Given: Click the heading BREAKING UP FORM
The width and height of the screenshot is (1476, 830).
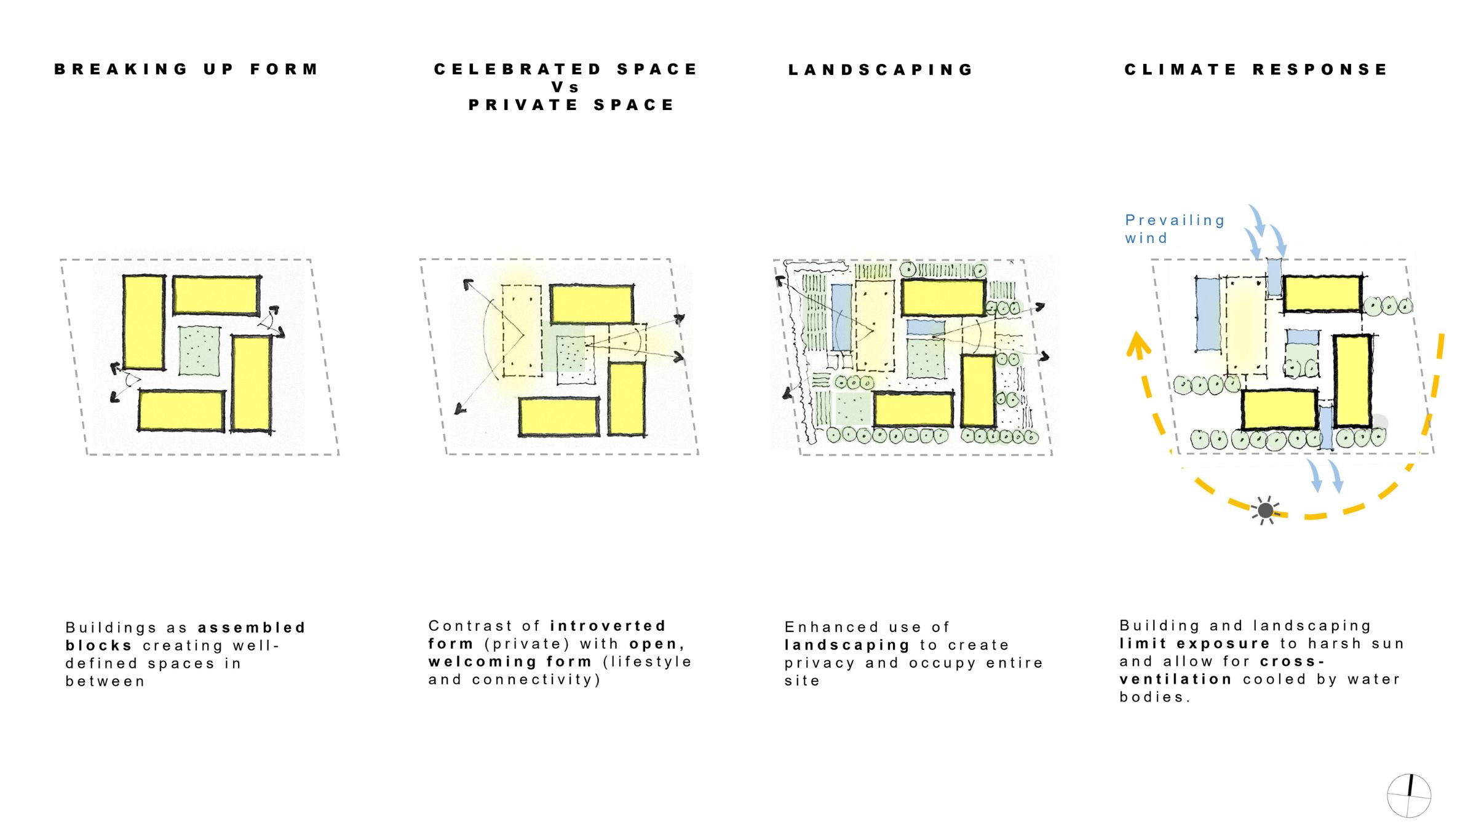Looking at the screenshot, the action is pos(186,69).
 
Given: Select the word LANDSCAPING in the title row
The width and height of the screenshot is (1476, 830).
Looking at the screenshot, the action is pos(881,69).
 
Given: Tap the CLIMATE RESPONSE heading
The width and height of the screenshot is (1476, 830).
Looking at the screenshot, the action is pos(1256,69).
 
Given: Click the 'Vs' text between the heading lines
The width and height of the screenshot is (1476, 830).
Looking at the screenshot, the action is pos(565,87).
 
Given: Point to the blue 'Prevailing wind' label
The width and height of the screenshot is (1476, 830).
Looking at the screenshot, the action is pos(1175,229).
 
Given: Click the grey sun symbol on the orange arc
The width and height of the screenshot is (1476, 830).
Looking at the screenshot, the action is pos(1265,510).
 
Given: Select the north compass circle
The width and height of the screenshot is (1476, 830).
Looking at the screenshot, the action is pos(1409,796).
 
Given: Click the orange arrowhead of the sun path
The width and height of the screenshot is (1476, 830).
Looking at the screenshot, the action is pos(1138,344).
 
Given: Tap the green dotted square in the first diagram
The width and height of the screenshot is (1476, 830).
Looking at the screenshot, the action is pos(199,350).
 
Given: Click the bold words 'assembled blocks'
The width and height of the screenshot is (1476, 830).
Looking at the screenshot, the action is pos(185,636).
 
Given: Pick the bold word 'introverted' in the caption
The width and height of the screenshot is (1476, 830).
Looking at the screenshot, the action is pos(608,626).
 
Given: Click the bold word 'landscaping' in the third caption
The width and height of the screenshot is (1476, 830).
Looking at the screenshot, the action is pos(847,645).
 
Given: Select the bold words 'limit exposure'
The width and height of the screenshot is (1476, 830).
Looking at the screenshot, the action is pos(1194,644).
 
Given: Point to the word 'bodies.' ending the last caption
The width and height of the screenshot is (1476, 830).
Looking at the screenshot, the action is pos(1155,697).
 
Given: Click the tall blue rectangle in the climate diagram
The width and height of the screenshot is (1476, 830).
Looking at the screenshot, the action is pos(1208,315).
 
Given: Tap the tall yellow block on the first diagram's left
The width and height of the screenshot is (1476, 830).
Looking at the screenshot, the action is pos(144,322).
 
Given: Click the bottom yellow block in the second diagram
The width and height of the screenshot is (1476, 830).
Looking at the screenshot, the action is pos(558,417).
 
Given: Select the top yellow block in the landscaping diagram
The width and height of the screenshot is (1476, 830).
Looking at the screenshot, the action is pos(943,298).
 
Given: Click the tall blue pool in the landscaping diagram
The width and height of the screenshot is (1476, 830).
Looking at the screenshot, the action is pos(841,317).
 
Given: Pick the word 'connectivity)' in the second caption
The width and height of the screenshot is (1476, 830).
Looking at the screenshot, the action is pos(536,680).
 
